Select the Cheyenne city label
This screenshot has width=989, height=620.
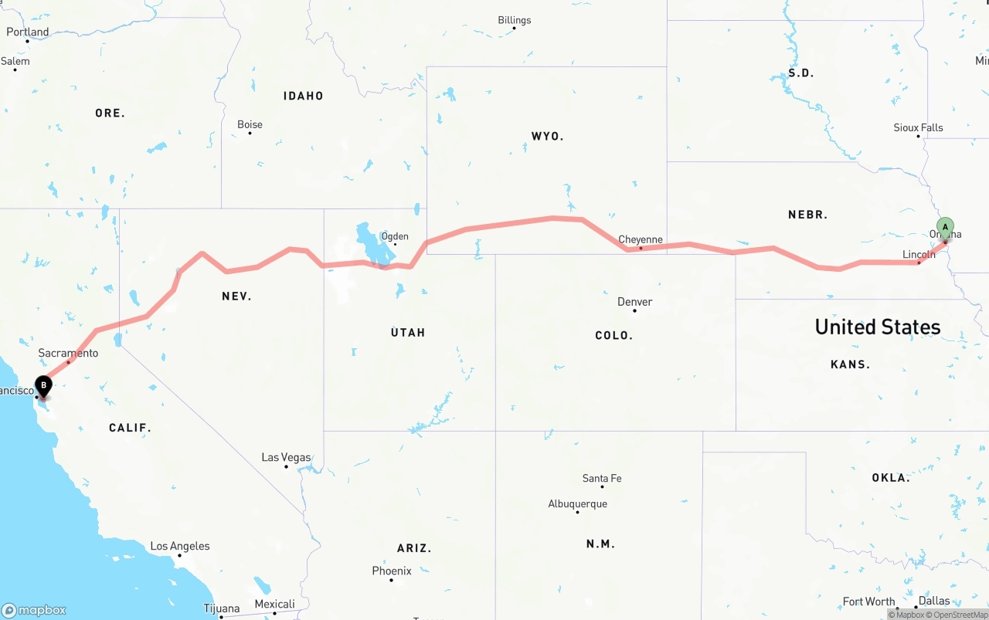(641, 239)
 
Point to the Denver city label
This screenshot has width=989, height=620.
(635, 302)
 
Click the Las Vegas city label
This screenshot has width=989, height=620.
(286, 457)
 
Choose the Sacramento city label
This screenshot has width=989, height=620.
(68, 353)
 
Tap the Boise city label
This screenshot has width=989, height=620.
(250, 124)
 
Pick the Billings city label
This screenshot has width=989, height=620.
(515, 20)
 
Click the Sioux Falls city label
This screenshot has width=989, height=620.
(918, 127)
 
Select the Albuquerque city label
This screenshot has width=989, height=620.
(577, 503)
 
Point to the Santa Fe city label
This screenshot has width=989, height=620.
(601, 478)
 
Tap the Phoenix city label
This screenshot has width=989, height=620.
(392, 571)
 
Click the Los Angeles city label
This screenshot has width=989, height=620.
(179, 546)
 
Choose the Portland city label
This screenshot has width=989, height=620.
(27, 32)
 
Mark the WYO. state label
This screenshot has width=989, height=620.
(547, 136)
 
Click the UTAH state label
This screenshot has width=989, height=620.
(408, 332)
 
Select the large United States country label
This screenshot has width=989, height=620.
(878, 327)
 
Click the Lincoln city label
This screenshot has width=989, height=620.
(919, 254)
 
